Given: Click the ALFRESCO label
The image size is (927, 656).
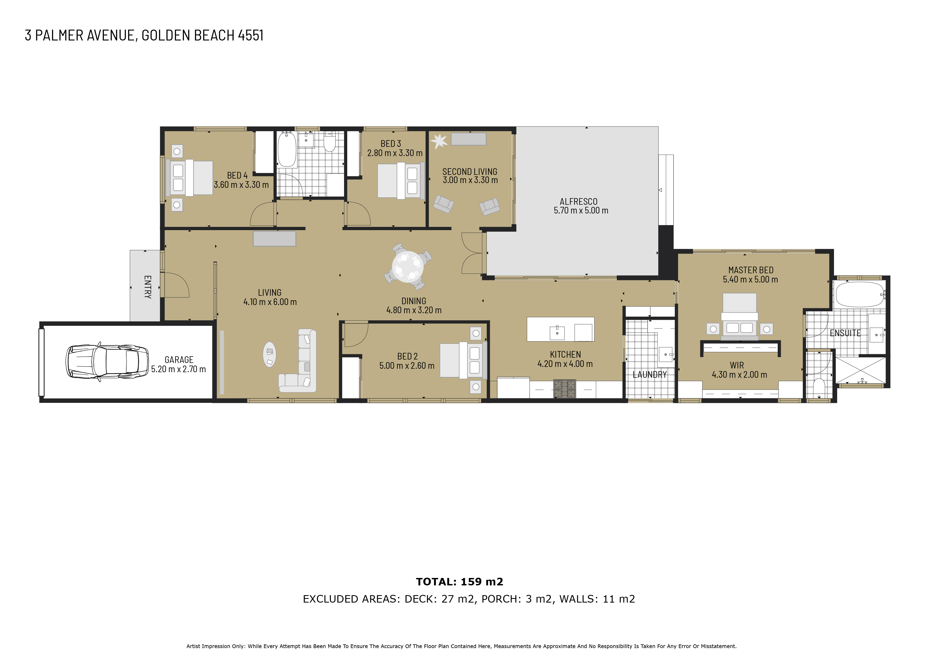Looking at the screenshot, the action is [x=578, y=201].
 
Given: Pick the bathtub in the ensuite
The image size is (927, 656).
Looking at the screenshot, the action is [x=859, y=295].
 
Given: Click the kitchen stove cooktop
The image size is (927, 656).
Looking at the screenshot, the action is [x=564, y=389].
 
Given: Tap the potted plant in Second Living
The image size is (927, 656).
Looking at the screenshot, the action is [x=439, y=141].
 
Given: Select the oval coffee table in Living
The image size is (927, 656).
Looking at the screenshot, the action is [x=270, y=354].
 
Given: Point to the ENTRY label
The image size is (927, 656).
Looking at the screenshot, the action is [x=148, y=287].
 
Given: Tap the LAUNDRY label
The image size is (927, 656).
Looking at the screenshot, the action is [x=650, y=375].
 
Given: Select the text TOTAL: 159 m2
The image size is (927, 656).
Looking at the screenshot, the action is [x=460, y=582].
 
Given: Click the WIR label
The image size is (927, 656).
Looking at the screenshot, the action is [x=737, y=365].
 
